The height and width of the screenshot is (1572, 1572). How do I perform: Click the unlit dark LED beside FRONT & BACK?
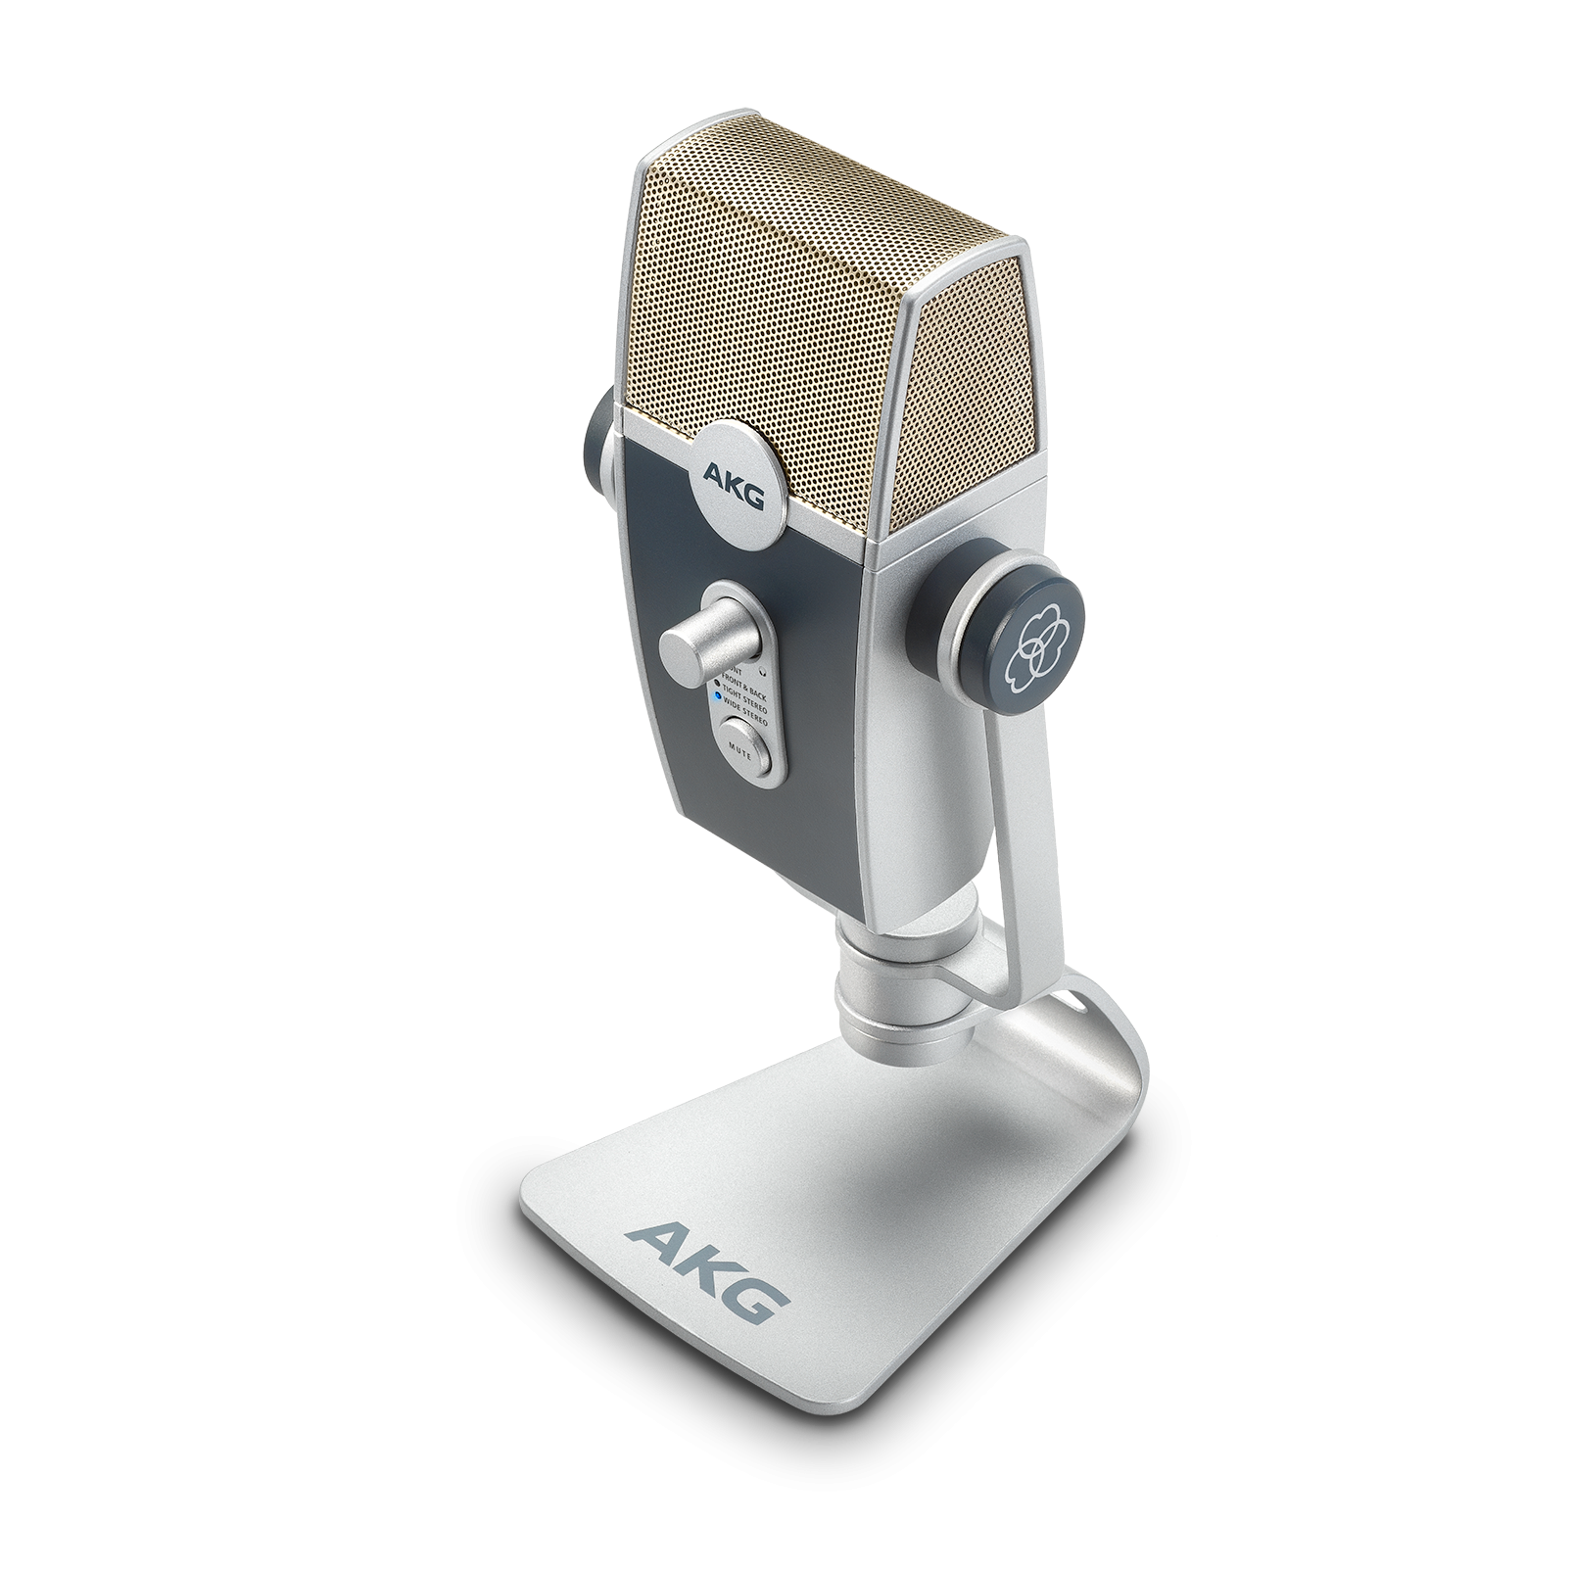(x=717, y=683)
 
